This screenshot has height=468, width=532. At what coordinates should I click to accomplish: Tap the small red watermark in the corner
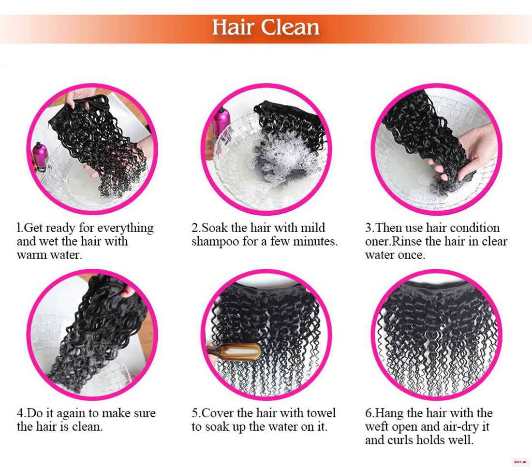coord(520,462)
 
